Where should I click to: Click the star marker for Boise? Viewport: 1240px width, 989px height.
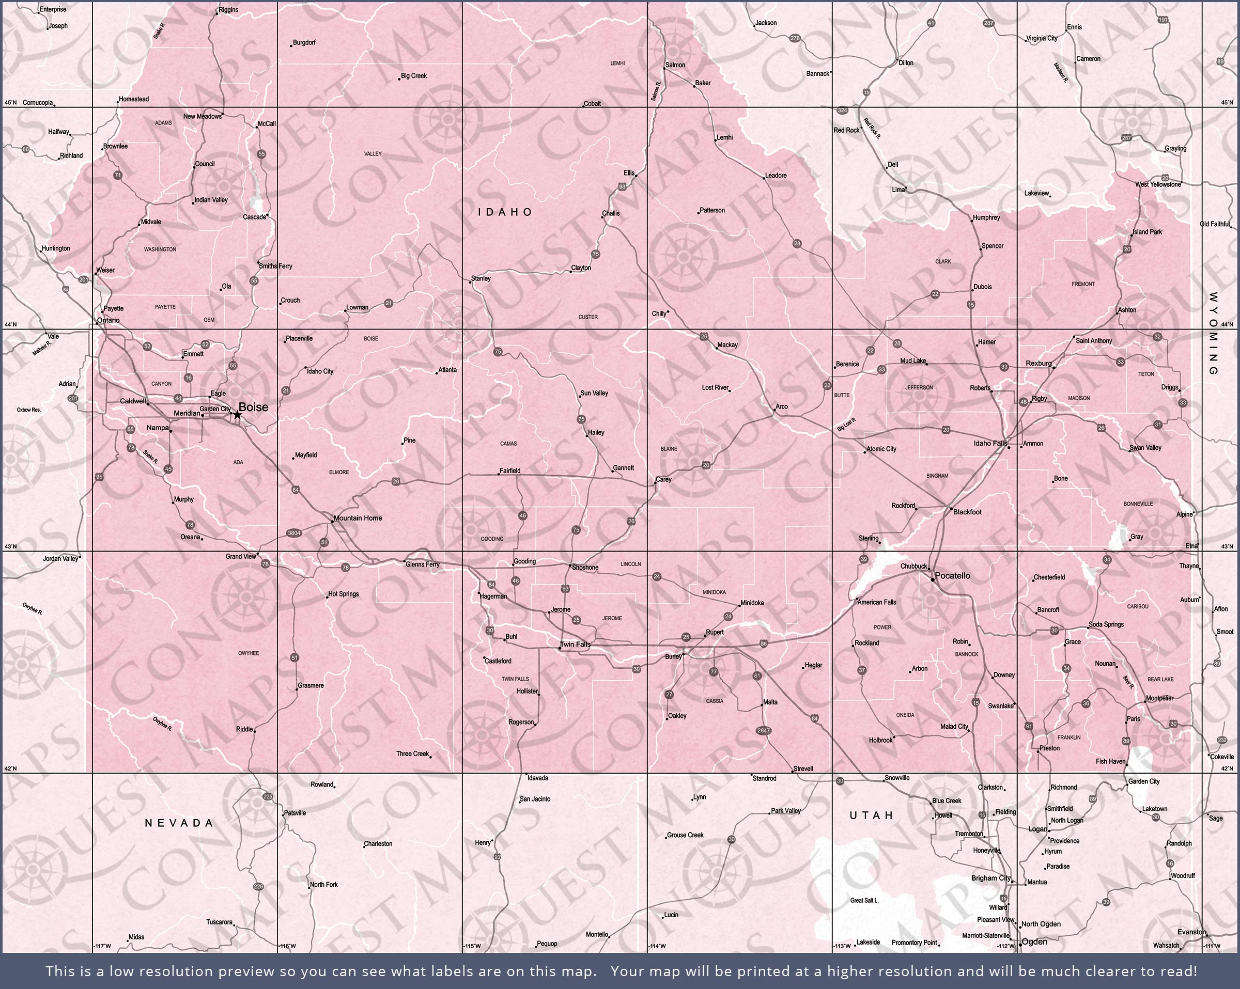coord(237,415)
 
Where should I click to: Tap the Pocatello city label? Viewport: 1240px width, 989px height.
coord(952,575)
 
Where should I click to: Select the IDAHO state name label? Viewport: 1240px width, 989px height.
coord(505,212)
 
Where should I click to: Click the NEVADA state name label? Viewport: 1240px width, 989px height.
coord(179,823)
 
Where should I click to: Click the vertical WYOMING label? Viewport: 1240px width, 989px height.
coord(1214,334)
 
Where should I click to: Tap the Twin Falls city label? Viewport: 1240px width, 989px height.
coord(575,644)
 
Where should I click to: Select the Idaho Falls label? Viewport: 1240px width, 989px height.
coord(990,443)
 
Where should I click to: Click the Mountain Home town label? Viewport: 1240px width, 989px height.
coord(358,518)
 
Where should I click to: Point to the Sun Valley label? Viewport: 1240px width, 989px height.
coord(594,394)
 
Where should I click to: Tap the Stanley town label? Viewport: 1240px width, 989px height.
coord(481,278)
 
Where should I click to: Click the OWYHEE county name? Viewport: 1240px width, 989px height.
coord(249,653)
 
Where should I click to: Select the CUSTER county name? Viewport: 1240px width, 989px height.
coord(588,317)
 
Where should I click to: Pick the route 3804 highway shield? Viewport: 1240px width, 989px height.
coord(294,533)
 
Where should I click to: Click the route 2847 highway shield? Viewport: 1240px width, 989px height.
coord(763,731)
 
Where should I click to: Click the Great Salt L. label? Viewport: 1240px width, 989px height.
coord(864,901)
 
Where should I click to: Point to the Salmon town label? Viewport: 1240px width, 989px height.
coord(675,65)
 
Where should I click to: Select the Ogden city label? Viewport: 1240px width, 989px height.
coord(1033,942)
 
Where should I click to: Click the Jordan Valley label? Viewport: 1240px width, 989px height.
coord(60,558)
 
